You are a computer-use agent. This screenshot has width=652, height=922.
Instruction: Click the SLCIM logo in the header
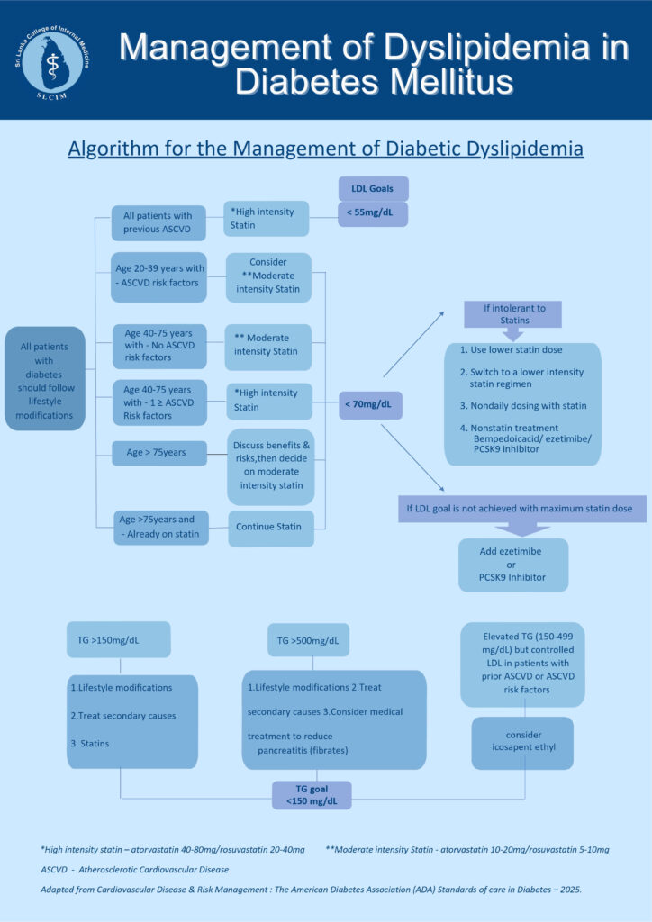tap(56, 59)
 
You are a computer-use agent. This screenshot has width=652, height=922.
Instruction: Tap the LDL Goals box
tap(373, 188)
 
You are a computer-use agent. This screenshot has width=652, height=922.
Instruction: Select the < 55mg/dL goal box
tap(373, 214)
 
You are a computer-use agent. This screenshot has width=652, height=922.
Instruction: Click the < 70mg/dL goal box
tap(370, 404)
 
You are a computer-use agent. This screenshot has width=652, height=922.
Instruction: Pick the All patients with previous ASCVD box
tap(158, 222)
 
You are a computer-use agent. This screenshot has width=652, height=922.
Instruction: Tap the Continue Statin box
tap(271, 527)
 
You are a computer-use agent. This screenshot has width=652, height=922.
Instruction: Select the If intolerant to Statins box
tap(513, 314)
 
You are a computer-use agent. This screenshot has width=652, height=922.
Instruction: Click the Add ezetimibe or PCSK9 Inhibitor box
tap(512, 565)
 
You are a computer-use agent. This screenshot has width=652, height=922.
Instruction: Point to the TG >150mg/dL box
tap(118, 639)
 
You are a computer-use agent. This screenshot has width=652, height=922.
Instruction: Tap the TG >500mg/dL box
tap(308, 640)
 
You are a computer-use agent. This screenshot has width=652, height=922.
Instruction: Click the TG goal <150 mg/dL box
tap(311, 795)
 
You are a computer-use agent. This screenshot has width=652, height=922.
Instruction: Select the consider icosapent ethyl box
tap(522, 742)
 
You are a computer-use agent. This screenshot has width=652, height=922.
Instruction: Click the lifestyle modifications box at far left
tap(45, 378)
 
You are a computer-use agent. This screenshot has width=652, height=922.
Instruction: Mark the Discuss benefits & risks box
tap(271, 466)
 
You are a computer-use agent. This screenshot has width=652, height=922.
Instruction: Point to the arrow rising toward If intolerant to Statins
tap(414, 343)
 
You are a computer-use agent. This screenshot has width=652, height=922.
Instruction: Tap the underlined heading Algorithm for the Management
tap(325, 149)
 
